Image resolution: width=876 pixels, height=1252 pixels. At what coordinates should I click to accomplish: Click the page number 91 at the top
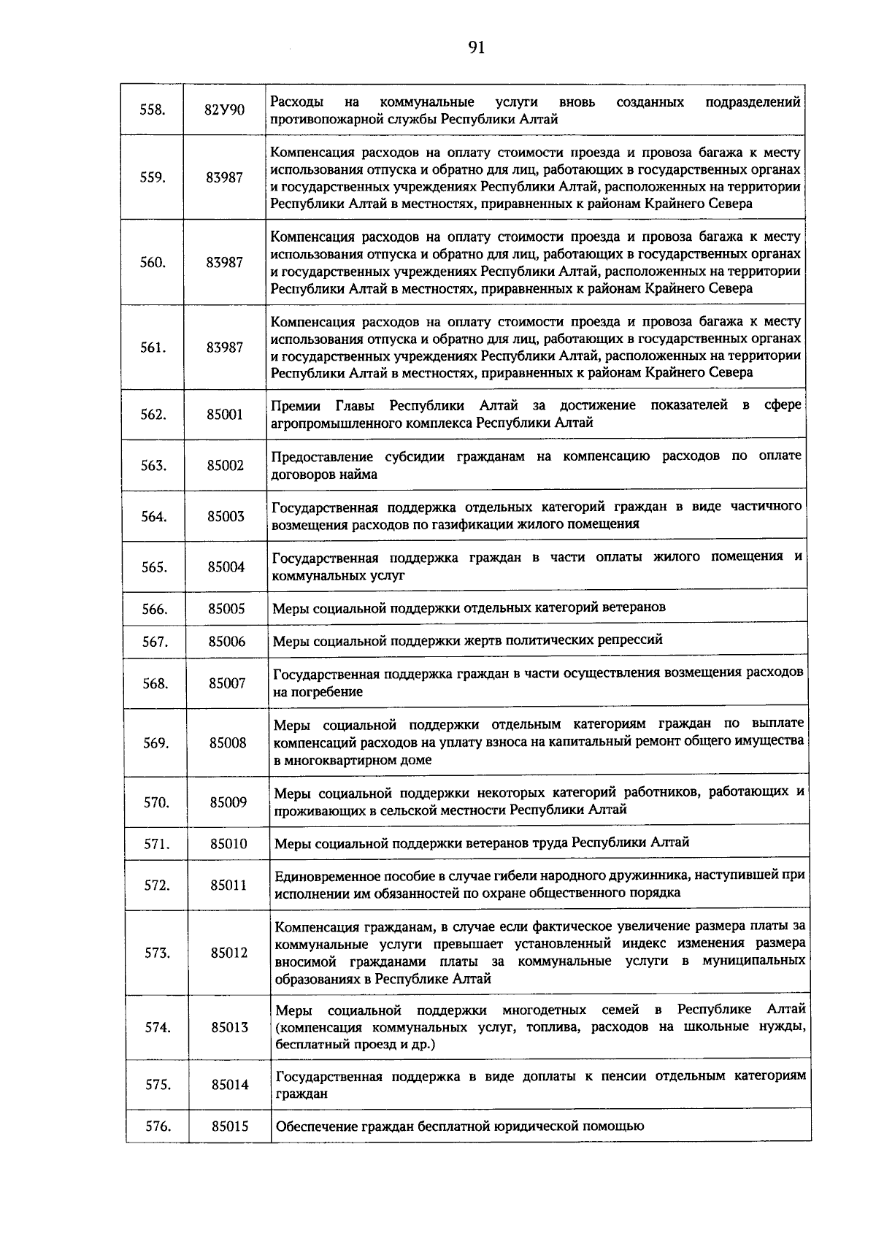click(476, 48)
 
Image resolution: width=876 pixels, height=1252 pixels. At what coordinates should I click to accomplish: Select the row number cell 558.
click(152, 110)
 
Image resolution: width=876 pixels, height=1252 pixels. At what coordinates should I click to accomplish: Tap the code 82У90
click(224, 110)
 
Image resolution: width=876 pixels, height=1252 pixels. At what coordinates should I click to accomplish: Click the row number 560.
click(153, 263)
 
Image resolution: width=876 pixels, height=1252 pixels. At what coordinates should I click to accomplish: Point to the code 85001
click(225, 415)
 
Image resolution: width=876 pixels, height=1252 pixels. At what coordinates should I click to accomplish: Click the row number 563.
click(153, 465)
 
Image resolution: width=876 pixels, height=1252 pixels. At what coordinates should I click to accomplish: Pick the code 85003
click(226, 516)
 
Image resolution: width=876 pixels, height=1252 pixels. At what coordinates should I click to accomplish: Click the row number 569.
click(155, 743)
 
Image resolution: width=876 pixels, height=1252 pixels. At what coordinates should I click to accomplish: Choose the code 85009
click(228, 802)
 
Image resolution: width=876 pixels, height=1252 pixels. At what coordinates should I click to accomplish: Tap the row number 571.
click(156, 844)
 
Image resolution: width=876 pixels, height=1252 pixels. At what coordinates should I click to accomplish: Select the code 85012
click(229, 953)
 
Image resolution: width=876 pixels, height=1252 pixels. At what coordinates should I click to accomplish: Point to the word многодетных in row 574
click(544, 1010)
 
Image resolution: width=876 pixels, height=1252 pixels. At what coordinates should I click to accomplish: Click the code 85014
click(231, 1085)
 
